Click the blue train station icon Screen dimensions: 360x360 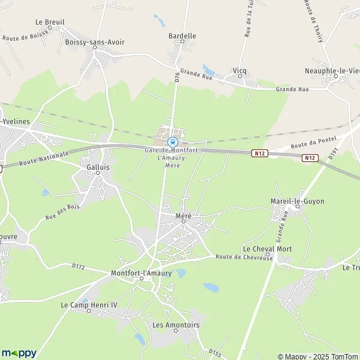[173, 142]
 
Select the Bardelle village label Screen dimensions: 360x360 [182, 36]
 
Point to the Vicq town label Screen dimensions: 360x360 [239, 70]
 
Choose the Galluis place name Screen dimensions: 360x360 [98, 167]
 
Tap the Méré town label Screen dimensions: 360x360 [183, 215]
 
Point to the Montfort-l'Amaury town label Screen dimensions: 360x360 [142, 273]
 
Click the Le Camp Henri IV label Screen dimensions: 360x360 [89, 305]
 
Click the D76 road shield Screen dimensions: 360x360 [178, 77]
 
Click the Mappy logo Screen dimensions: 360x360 [19, 353]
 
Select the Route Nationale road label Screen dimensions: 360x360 [43, 159]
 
